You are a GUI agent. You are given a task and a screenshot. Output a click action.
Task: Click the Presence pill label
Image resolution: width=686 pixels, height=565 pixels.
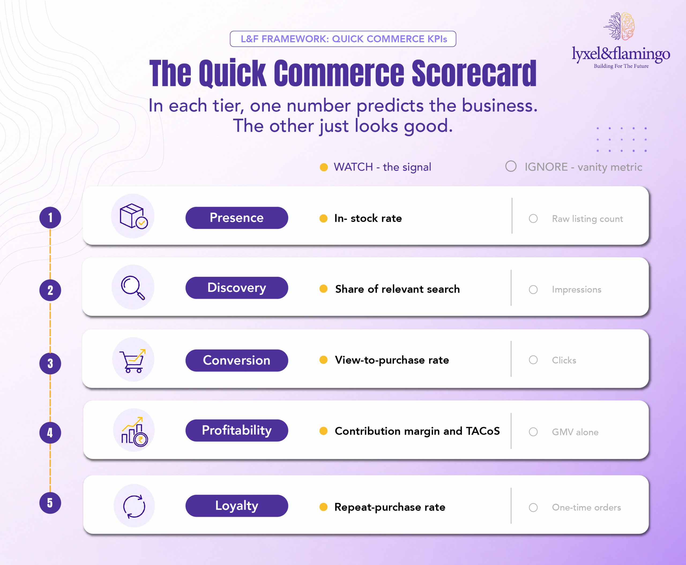pos(237,218)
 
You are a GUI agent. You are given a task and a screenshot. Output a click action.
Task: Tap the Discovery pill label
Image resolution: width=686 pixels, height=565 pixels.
pos(237,288)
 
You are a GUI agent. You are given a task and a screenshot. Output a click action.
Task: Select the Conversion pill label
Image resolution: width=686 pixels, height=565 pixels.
pos(237,360)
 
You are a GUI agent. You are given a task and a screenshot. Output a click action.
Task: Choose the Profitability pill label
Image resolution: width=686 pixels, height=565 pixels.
pos(237,430)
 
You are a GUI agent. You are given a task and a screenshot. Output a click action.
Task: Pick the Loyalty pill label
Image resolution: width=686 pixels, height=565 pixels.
pos(237,506)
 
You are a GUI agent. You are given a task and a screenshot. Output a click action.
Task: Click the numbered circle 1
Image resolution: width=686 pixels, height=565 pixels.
pos(50,218)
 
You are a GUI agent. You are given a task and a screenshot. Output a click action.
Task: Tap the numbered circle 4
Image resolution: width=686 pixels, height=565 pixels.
pos(50,432)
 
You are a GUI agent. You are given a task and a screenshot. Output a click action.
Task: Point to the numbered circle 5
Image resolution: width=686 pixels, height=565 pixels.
pos(50,503)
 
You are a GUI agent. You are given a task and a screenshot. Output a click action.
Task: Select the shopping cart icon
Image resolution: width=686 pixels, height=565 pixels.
pos(133,361)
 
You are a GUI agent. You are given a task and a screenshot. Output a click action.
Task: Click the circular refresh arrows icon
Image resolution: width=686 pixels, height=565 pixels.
pos(134,506)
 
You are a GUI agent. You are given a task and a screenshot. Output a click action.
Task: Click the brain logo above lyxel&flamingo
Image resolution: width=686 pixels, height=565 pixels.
pos(619,26)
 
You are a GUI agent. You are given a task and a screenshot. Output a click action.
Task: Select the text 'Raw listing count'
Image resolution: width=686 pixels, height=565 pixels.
pos(587,219)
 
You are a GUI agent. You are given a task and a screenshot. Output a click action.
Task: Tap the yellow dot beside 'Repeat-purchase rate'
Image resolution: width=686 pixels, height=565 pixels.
pos(323,507)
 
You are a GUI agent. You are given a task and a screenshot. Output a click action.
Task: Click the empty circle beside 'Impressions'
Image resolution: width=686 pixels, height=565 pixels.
pos(533,290)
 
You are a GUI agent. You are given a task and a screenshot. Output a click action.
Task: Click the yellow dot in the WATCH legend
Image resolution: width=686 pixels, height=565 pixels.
pos(324,167)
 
